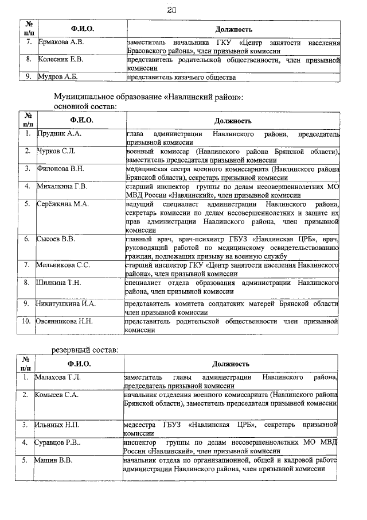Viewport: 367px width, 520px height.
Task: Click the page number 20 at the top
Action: [x=171, y=10]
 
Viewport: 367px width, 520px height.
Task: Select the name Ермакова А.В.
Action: [x=61, y=43]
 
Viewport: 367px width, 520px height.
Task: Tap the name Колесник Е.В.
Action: [x=61, y=59]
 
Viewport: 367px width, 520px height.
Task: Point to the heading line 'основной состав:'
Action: [x=85, y=106]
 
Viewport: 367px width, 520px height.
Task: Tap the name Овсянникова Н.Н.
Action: [x=65, y=320]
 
